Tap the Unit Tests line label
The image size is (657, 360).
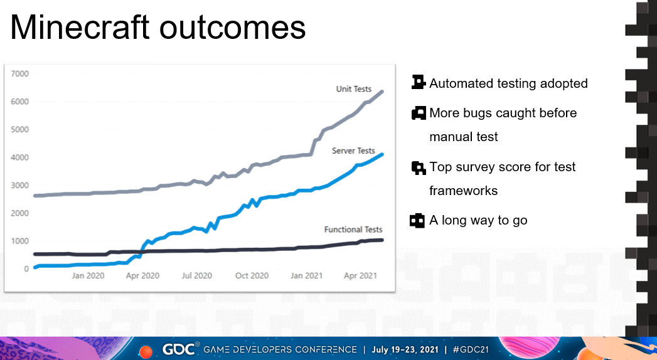click(354, 89)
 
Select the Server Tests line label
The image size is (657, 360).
click(353, 151)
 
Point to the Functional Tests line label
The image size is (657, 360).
click(353, 230)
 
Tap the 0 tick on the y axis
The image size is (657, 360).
click(26, 269)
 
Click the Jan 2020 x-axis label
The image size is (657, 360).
click(88, 275)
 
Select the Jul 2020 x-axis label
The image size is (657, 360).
click(197, 275)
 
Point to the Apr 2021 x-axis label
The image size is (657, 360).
click(360, 275)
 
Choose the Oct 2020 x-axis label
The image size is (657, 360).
click(252, 275)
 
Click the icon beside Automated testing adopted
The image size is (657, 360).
click(419, 82)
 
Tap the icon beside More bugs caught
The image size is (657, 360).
click(419, 113)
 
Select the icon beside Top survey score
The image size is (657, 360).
click(419, 167)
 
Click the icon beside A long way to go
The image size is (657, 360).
click(418, 220)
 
